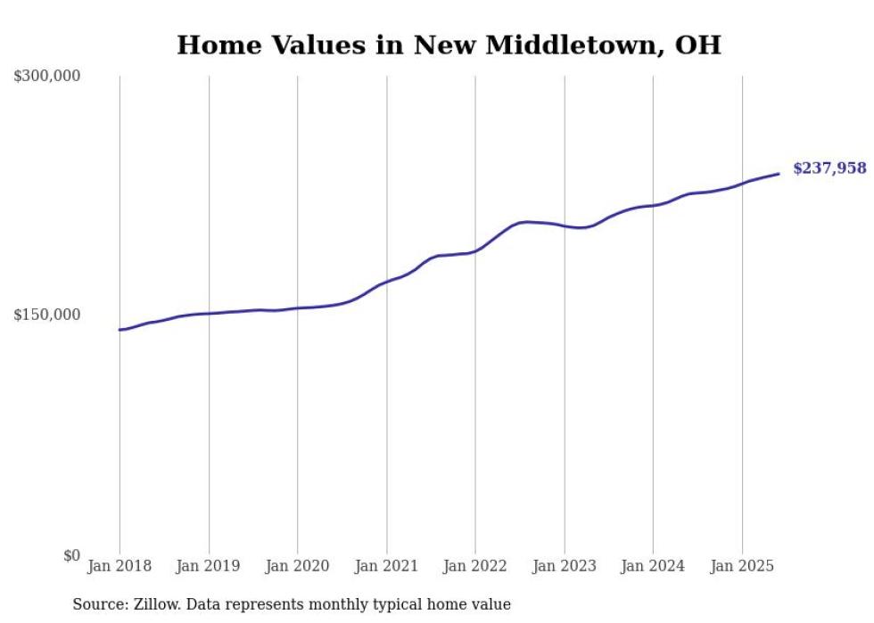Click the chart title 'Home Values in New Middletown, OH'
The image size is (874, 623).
449,45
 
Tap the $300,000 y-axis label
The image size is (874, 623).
47,76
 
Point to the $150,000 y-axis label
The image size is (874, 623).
47,315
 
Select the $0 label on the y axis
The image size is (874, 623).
71,555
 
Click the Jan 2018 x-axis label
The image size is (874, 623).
120,566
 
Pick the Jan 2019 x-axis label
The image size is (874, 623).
209,566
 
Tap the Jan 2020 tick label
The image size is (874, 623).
297,566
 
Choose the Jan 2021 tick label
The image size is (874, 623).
386,566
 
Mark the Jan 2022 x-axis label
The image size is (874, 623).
475,566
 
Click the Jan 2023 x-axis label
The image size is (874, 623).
564,566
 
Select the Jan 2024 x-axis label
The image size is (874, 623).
653,566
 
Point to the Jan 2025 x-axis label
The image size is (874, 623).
742,566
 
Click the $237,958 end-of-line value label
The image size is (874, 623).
829,168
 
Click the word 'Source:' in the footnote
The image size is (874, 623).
100,604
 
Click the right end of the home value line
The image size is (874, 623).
779,174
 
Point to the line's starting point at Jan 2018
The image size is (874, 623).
120,330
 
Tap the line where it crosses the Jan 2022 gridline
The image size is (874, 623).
475,250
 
